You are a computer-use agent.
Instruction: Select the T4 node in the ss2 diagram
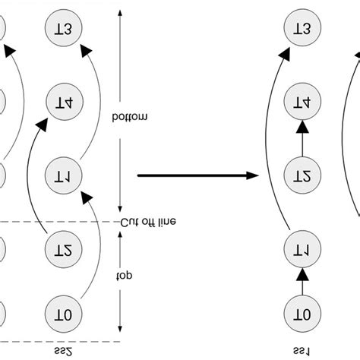pos(64,101)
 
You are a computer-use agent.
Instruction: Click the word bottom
pos(140,116)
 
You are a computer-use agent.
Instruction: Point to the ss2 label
pos(64,351)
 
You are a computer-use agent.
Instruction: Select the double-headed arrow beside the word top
pos(121,280)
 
